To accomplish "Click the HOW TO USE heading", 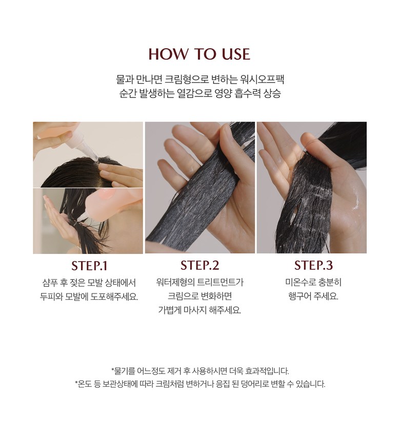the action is click(x=199, y=54).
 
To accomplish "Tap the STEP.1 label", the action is click(x=89, y=266).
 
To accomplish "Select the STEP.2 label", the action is click(x=199, y=265).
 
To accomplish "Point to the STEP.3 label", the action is click(x=313, y=265).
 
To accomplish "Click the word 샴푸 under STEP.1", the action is click(x=50, y=283).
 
